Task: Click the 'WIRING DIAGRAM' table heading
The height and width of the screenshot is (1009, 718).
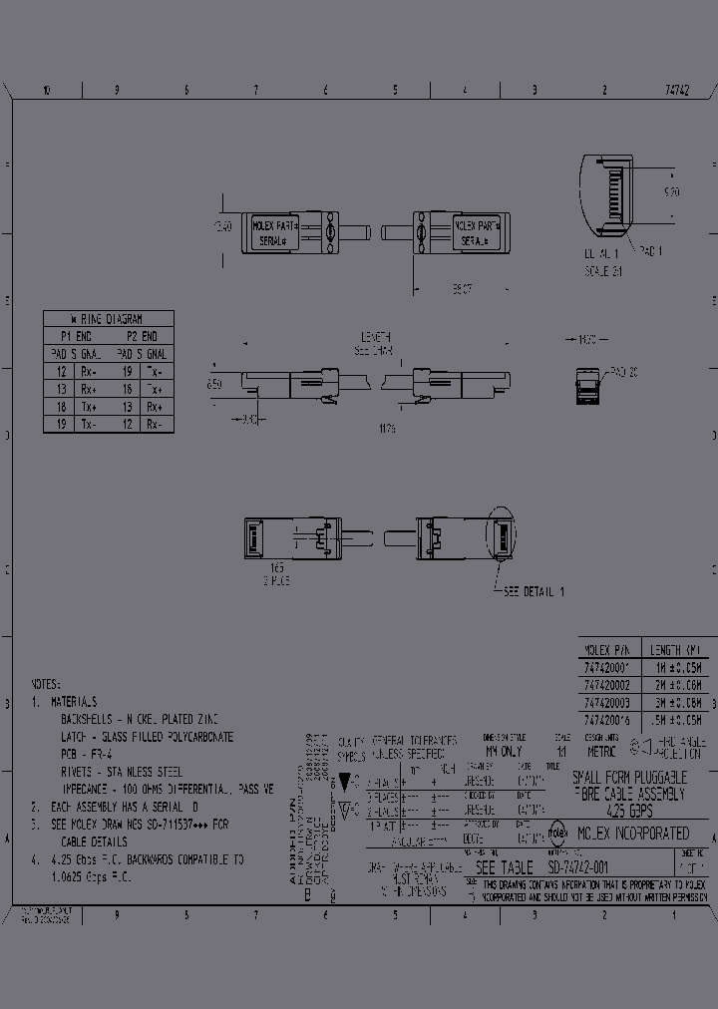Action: point(108,319)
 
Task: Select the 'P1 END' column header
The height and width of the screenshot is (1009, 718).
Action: point(76,336)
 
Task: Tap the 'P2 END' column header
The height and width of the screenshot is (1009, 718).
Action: point(141,336)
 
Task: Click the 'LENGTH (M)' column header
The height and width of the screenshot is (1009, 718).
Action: point(676,647)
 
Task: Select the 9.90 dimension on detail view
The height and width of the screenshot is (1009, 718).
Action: point(672,191)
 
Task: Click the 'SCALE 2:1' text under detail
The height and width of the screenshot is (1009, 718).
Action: point(604,269)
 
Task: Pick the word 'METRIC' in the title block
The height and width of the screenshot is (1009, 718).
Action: point(602,751)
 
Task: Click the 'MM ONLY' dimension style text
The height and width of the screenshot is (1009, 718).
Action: point(504,751)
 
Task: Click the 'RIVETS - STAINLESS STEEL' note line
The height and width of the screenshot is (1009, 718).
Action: point(122,772)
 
